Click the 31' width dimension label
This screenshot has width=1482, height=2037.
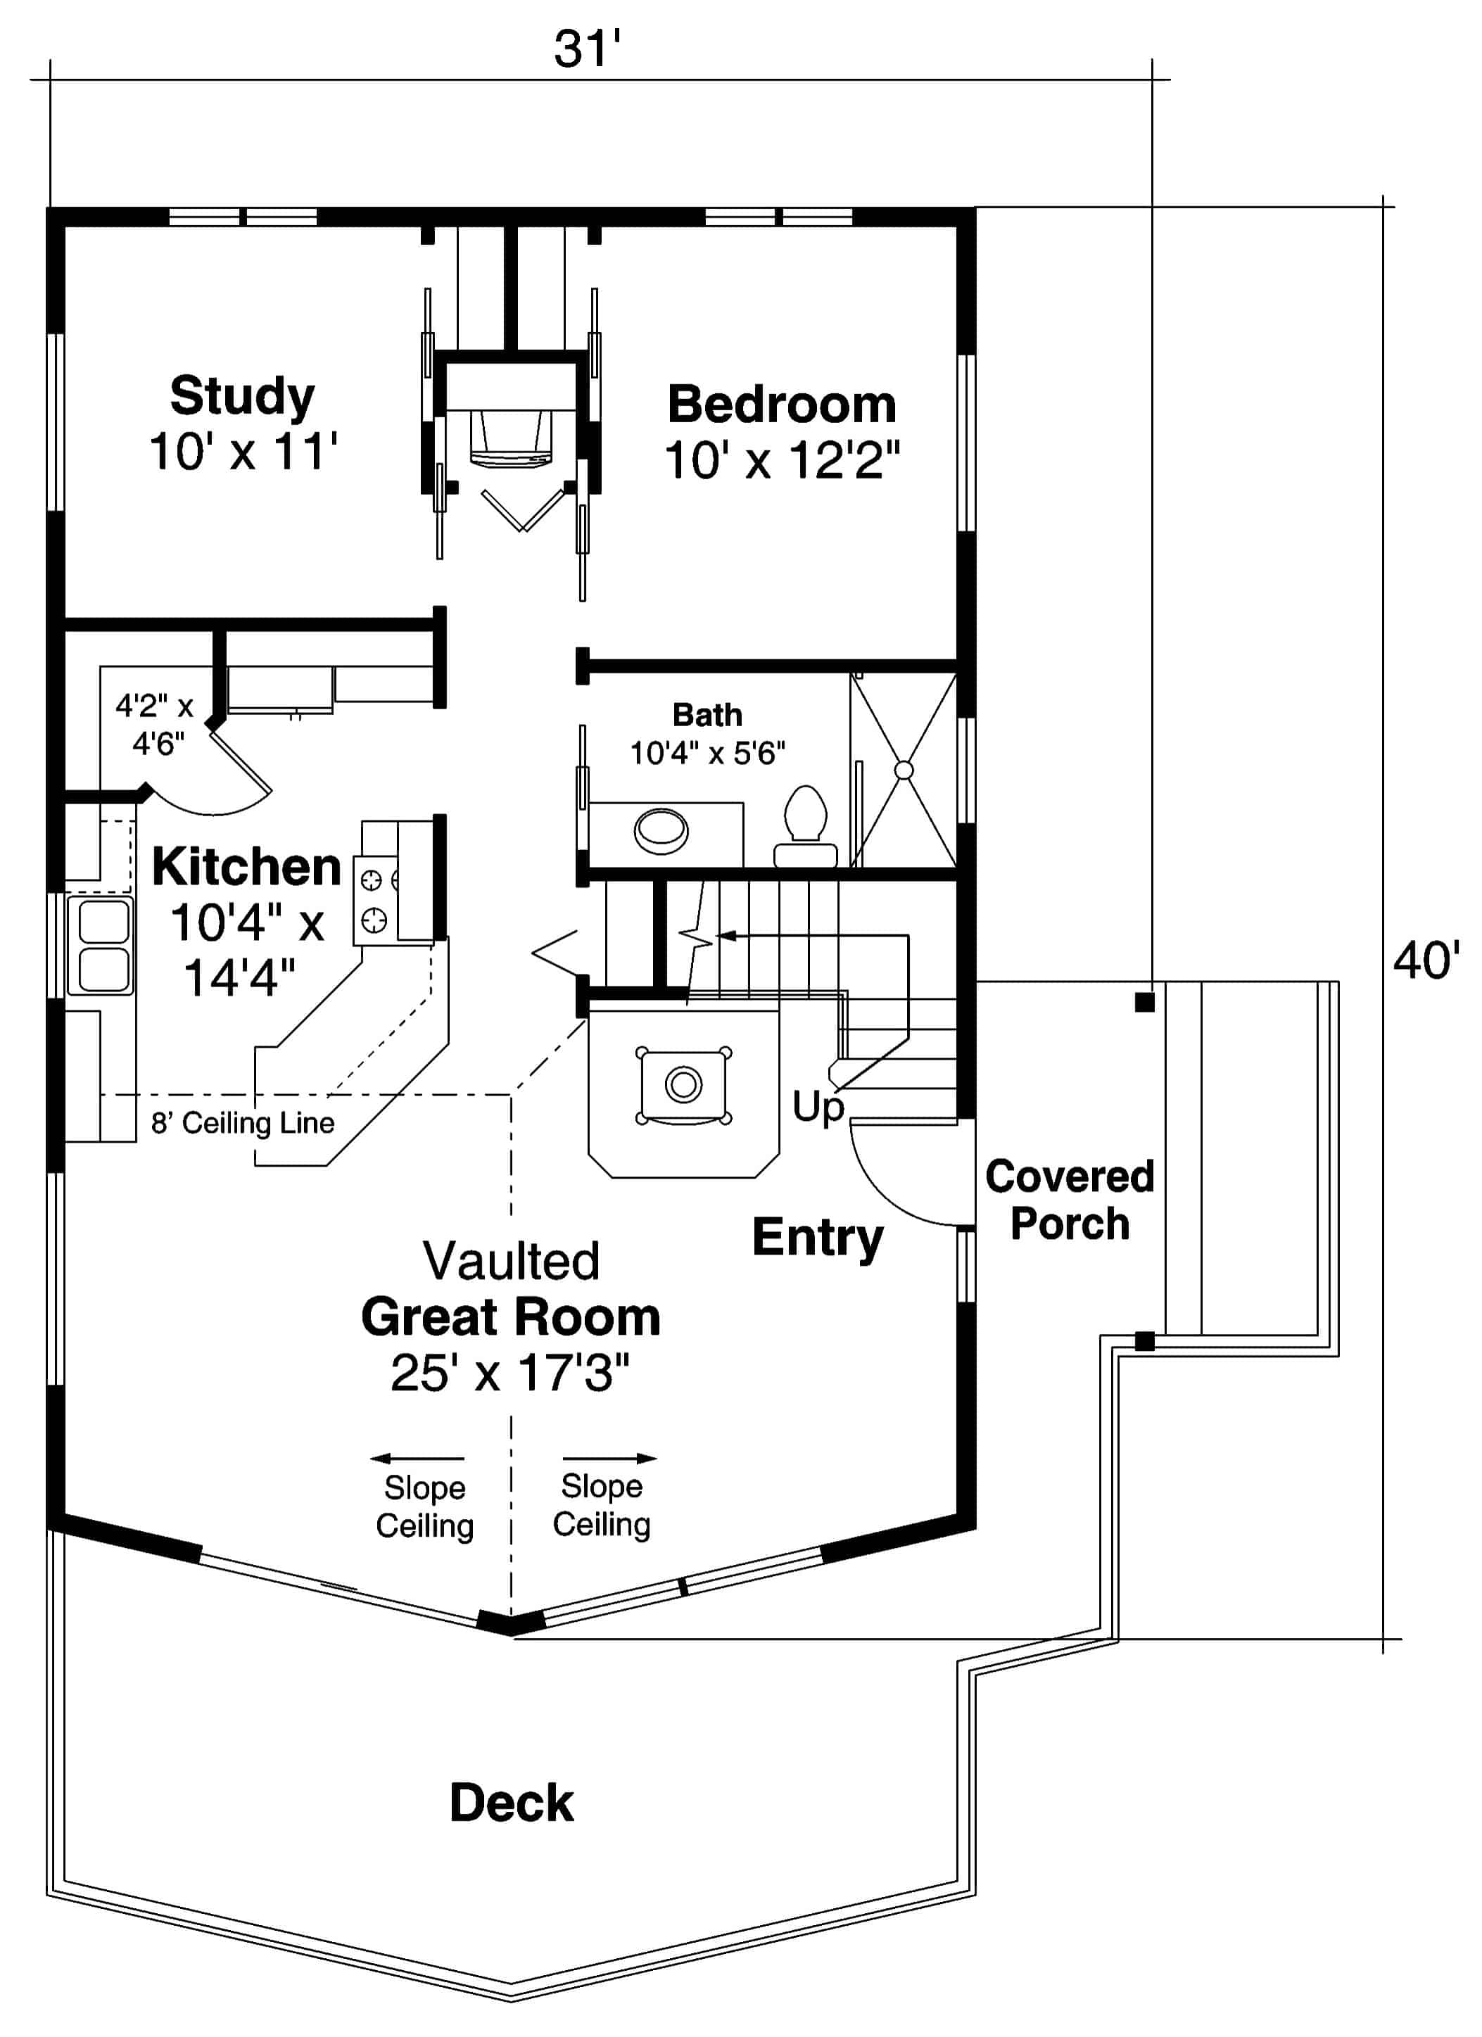(586, 49)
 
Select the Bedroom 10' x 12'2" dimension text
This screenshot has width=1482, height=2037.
(781, 461)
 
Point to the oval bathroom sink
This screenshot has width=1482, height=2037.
(661, 831)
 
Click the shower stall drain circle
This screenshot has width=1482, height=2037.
(904, 770)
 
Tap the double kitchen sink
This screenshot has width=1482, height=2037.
(103, 945)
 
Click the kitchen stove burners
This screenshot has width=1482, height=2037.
(373, 901)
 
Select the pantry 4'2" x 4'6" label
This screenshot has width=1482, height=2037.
(156, 724)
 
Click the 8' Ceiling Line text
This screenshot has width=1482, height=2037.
(243, 1123)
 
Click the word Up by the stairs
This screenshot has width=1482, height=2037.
(817, 1105)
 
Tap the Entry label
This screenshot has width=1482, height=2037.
(817, 1238)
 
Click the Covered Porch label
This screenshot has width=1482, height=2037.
(1069, 1200)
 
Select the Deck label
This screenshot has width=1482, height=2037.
(511, 1803)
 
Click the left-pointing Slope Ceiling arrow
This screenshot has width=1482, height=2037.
(418, 1459)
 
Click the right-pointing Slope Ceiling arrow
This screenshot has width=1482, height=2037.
(610, 1459)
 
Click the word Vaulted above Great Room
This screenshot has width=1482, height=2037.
(511, 1261)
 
